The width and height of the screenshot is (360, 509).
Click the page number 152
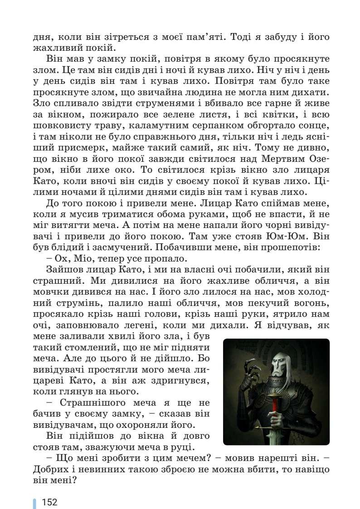pos(49,502)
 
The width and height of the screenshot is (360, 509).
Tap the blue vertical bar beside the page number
pos(34,503)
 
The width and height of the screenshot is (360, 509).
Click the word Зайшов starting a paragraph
pos(62,271)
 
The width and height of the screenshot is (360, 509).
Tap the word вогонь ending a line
pos(312,302)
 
